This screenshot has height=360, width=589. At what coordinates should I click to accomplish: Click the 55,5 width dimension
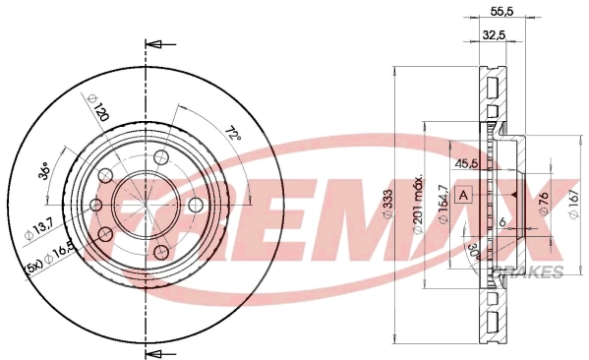point(501,12)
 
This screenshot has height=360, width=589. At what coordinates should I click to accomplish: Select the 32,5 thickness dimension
point(494,35)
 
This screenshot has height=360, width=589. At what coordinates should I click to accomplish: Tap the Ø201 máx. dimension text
point(418,204)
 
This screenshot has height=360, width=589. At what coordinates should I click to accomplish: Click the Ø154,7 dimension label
point(443,204)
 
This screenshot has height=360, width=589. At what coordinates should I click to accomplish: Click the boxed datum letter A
point(464,195)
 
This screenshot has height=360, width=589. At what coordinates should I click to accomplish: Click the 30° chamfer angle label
point(474,251)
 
